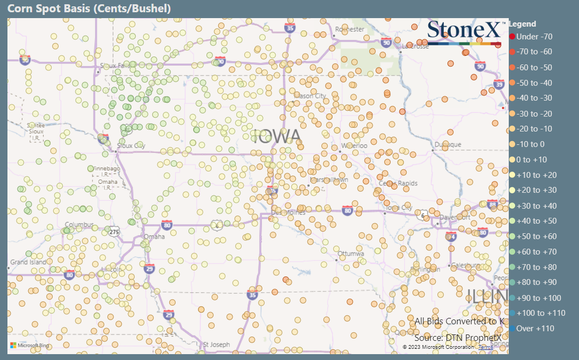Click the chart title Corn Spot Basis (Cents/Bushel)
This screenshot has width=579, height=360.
[89, 9]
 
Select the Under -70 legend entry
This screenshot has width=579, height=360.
[534, 37]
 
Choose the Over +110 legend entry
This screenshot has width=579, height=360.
[535, 329]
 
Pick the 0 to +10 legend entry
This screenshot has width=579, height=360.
[532, 160]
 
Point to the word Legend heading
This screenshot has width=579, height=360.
[523, 24]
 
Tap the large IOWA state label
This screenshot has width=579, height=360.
[277, 137]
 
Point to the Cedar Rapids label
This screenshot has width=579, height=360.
[398, 184]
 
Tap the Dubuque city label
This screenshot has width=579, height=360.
[448, 144]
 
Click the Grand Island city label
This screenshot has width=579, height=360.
[28, 263]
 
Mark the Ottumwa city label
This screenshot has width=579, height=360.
[351, 253]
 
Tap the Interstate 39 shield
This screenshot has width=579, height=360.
[499, 84]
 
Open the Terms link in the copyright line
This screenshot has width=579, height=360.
[485, 347]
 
